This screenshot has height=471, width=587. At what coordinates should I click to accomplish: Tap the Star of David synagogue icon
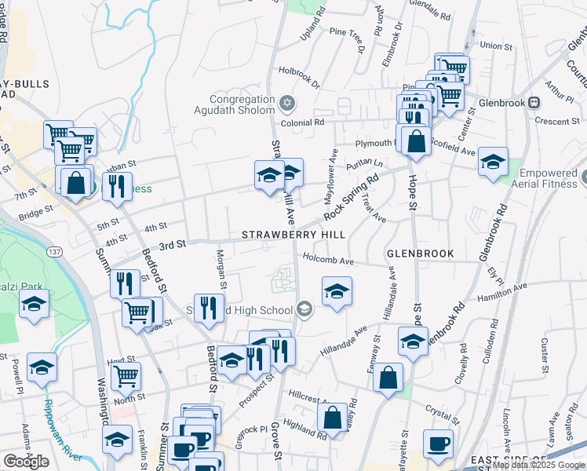click(x=287, y=102)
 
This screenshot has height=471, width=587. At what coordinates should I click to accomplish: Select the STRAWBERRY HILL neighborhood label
click(x=293, y=235)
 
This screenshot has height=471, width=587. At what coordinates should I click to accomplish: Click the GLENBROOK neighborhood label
click(x=421, y=254)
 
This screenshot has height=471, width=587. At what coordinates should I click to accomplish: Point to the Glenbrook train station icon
click(x=534, y=102)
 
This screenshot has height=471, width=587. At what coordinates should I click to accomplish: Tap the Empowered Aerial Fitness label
click(x=546, y=178)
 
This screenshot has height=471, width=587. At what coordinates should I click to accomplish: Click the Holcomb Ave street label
click(x=329, y=260)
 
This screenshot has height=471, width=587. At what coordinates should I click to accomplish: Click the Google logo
click(x=27, y=462)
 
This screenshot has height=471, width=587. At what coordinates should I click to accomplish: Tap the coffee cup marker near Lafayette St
click(x=438, y=444)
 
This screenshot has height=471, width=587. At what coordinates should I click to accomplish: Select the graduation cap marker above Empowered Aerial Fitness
click(x=493, y=162)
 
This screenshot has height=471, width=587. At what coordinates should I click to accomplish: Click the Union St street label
click(x=496, y=46)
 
